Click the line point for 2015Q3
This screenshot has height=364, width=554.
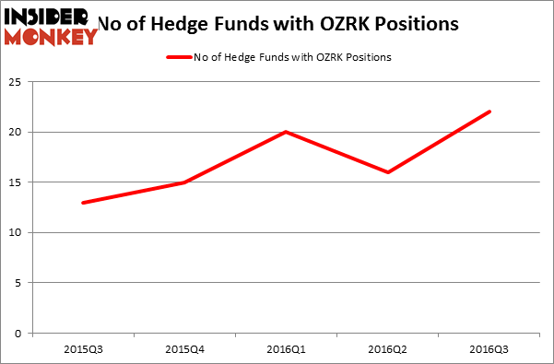[x=84, y=203]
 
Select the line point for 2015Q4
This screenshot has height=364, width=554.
[x=185, y=182]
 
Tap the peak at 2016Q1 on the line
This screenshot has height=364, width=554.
[x=287, y=132]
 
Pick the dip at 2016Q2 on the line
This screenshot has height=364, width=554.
[x=388, y=172]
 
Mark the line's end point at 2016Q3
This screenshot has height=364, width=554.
[x=489, y=112]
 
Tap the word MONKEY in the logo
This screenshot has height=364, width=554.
[x=52, y=37]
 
